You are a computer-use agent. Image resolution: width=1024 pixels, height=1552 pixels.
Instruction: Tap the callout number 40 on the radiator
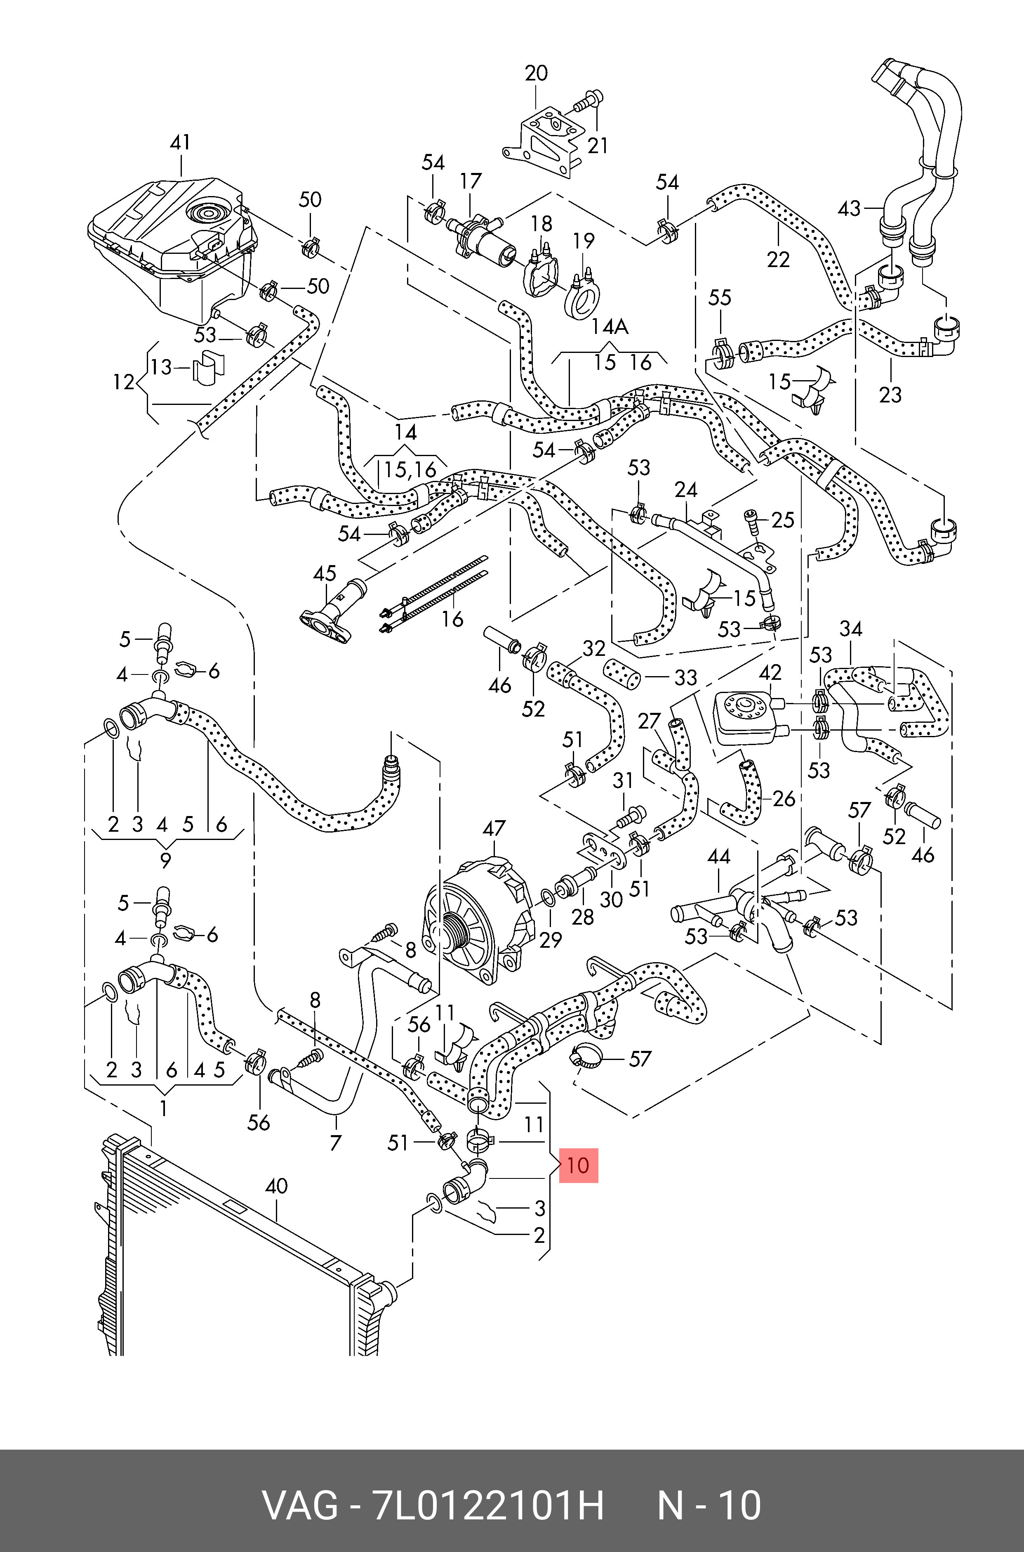277,1186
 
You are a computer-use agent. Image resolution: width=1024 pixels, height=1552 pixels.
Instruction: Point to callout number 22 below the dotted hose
779,260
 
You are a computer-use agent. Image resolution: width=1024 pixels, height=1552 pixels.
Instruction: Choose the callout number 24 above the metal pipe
686,490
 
